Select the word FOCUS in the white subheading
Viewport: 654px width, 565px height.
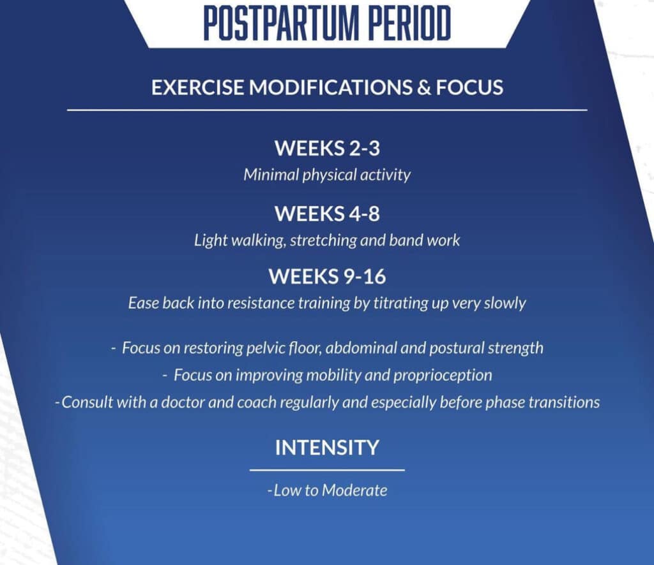[x=469, y=87]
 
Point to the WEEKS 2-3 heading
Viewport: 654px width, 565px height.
[x=328, y=148]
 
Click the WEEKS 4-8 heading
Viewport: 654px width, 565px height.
[x=328, y=214]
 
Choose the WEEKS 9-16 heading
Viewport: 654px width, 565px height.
[x=328, y=277]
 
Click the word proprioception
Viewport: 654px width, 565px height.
[x=443, y=376]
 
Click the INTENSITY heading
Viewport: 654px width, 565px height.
[x=328, y=448]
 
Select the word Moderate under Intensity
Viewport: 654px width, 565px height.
[x=354, y=490]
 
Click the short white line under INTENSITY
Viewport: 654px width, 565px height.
[x=328, y=470]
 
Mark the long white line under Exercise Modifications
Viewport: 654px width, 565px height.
[x=328, y=110]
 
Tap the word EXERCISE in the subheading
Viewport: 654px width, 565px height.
[x=198, y=87]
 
